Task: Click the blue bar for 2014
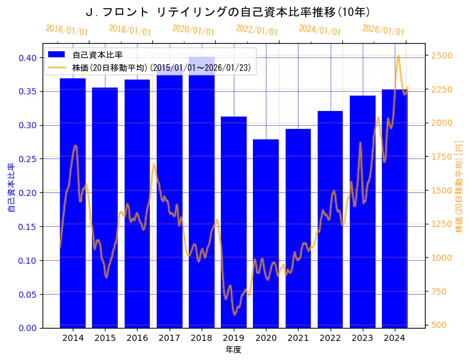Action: point(73,203)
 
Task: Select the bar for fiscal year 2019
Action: point(234,222)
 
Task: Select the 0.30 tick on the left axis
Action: point(28,125)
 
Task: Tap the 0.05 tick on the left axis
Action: point(28,294)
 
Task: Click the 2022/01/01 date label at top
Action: point(257,30)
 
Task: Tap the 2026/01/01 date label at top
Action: point(383,30)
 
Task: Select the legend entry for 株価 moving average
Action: point(161,68)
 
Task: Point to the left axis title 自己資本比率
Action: point(10,187)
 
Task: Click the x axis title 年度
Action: point(233,350)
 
